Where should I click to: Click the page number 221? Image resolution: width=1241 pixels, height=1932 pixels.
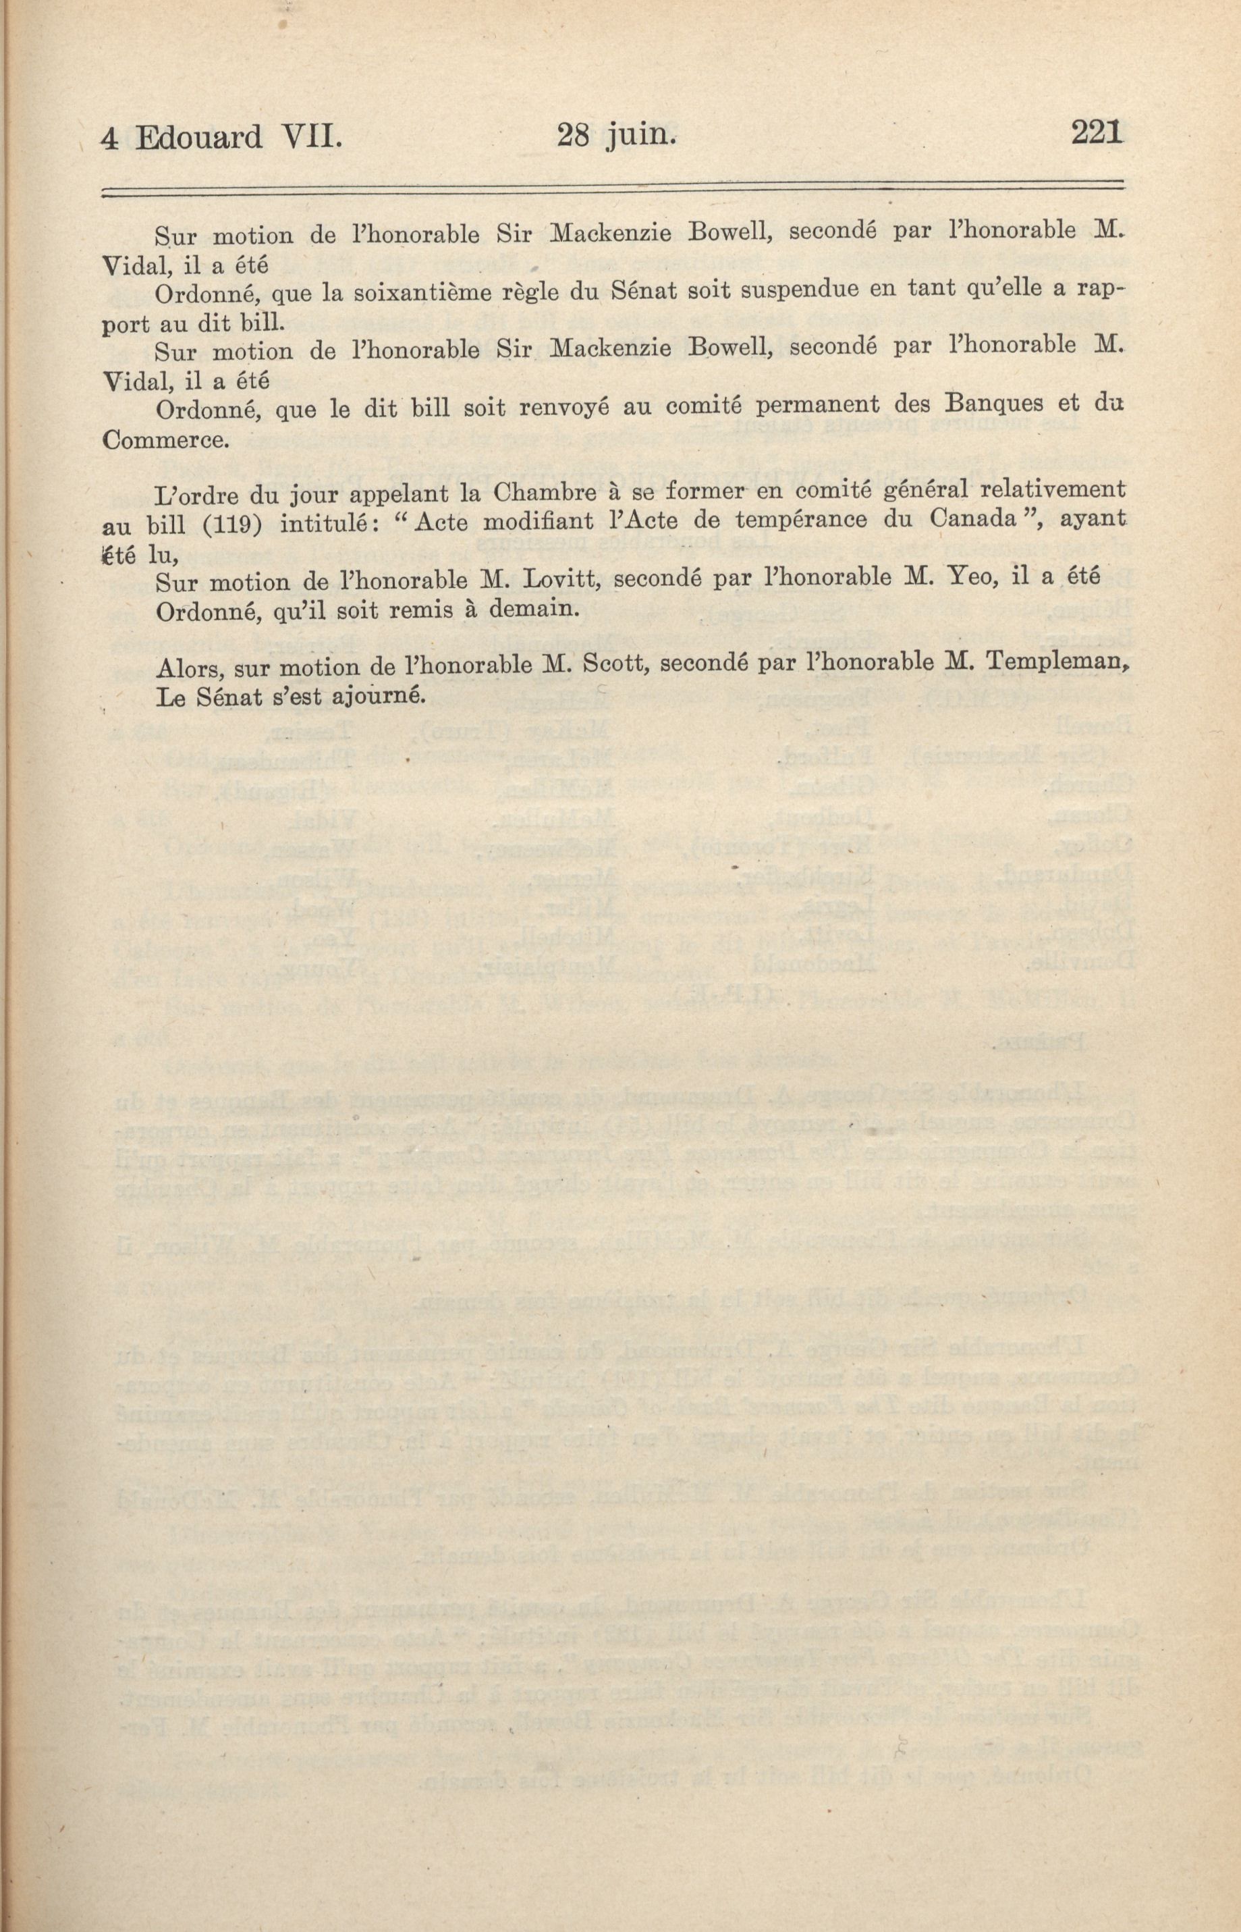[1097, 132]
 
